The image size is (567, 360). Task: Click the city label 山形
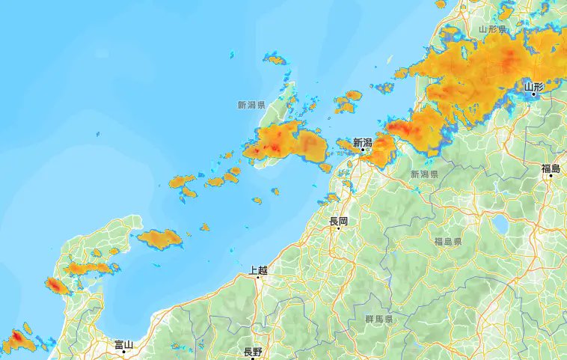tap(533, 87)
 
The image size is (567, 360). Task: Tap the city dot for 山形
tap(533, 95)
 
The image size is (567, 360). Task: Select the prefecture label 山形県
tap(493, 29)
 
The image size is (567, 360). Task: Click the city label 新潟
tap(363, 141)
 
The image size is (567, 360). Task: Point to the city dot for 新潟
tap(363, 150)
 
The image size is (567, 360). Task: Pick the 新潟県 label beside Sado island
tap(251, 106)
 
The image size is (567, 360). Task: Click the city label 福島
tap(551, 169)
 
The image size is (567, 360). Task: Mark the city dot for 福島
tap(551, 176)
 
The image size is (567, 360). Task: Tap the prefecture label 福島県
tap(447, 242)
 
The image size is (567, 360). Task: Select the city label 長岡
tap(338, 222)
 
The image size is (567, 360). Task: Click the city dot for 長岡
tap(338, 228)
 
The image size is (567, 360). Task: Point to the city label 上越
tap(258, 270)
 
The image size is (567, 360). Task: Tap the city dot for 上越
tap(258, 277)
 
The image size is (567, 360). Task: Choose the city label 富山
tap(123, 344)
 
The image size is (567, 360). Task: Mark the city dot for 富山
tap(123, 351)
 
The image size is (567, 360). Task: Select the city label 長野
tap(253, 352)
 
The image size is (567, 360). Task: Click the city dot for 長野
tap(253, 358)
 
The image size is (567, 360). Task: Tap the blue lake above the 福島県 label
tap(499, 223)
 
